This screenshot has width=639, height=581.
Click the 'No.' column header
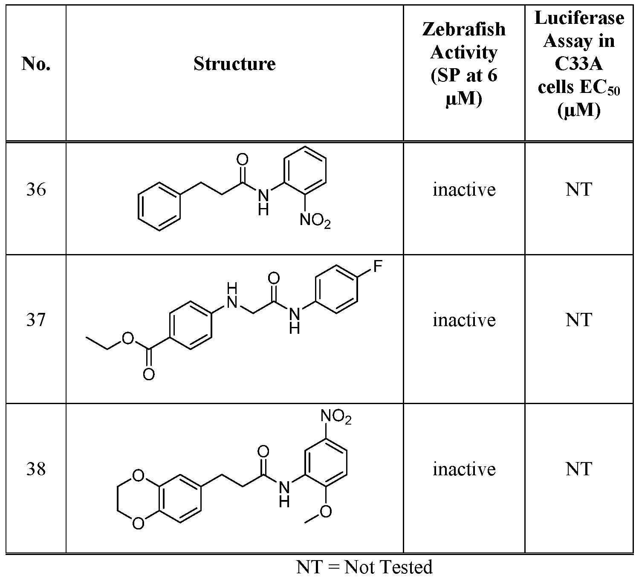tap(36, 64)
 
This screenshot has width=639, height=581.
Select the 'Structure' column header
tap(234, 64)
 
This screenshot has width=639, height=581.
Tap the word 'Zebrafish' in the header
tap(464, 29)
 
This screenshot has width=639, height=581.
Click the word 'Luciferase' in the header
tap(579, 18)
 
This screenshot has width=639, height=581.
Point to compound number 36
tap(36, 190)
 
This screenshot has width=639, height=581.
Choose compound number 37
tap(36, 320)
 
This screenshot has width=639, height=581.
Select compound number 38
tap(36, 469)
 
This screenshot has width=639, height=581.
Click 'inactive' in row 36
tap(464, 190)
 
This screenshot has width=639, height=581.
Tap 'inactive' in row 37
tap(464, 320)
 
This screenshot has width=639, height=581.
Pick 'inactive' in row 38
tap(464, 469)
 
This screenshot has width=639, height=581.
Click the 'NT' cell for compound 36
tap(579, 190)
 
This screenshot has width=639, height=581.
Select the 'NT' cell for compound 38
tap(579, 469)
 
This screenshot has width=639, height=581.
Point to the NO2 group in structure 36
tap(315, 220)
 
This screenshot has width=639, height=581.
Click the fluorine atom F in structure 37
tap(378, 266)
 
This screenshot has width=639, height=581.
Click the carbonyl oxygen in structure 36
tap(243, 159)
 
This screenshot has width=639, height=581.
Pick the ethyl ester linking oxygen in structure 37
tap(128, 338)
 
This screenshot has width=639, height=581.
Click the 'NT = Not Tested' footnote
tap(364, 567)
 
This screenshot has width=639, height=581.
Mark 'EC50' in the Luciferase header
tap(599, 87)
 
